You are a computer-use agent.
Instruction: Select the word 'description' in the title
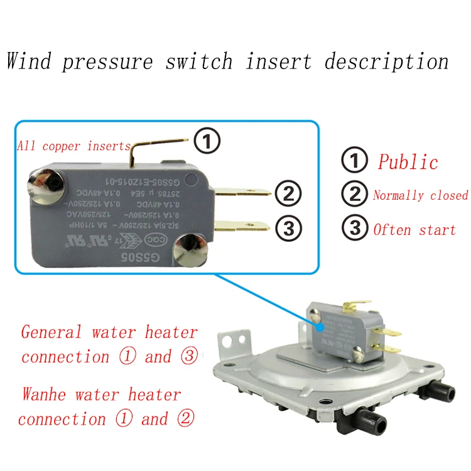point(386,62)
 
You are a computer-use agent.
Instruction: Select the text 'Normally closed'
point(420,195)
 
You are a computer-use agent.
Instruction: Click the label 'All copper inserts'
point(73,146)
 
